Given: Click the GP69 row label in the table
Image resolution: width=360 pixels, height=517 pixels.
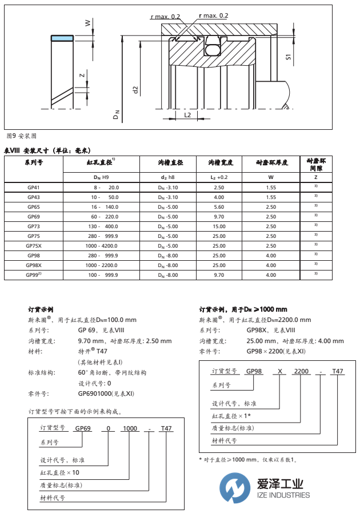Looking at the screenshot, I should click(33, 216).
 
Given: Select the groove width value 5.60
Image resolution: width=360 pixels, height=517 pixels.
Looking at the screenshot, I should click(218, 206).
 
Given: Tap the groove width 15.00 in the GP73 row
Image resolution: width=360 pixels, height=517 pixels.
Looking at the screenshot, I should click(218, 226).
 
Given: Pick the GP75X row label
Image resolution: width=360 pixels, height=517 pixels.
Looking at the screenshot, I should click(34, 245).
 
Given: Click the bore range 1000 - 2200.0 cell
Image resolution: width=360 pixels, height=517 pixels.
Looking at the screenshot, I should click(103, 265).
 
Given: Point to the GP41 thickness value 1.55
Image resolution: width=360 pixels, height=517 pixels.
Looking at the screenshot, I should click(270, 187).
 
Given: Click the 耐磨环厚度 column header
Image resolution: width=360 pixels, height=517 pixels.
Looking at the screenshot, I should click(270, 163).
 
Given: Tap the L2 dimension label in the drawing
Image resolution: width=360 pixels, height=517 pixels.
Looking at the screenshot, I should click(187, 114).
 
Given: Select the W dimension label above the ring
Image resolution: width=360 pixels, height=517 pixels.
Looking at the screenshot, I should click(87, 23).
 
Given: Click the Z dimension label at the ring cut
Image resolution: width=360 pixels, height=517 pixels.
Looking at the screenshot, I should click(82, 75).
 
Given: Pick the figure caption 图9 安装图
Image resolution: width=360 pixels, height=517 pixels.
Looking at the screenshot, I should click(21, 136).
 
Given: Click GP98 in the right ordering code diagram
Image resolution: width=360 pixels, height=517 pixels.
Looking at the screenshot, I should click(254, 371).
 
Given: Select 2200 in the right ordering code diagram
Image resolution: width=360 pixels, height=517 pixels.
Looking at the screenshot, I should click(301, 371).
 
